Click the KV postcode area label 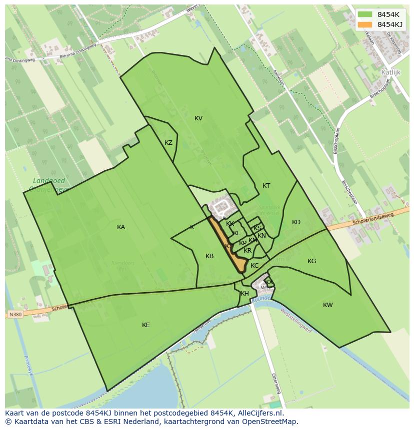198,118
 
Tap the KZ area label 168,143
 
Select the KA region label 121,227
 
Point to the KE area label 146,325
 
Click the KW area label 328,305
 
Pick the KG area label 312,261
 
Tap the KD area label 296,222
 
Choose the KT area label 266,186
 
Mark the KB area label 209,256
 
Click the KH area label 244,294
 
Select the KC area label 254,266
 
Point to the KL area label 236,233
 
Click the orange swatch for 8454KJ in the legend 365,24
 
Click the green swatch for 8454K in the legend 365,14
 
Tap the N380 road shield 15,315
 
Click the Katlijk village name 391,72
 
